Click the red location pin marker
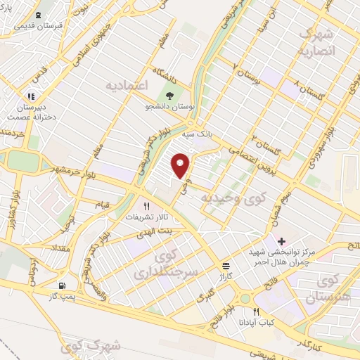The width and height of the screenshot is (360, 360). [x=181, y=165]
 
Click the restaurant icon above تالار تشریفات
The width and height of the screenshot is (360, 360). [x=146, y=207]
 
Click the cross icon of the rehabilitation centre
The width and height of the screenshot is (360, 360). [x=281, y=241]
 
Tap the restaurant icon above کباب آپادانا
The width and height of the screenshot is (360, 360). [x=256, y=311]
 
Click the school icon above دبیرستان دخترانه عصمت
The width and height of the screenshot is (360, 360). [x=30, y=96]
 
